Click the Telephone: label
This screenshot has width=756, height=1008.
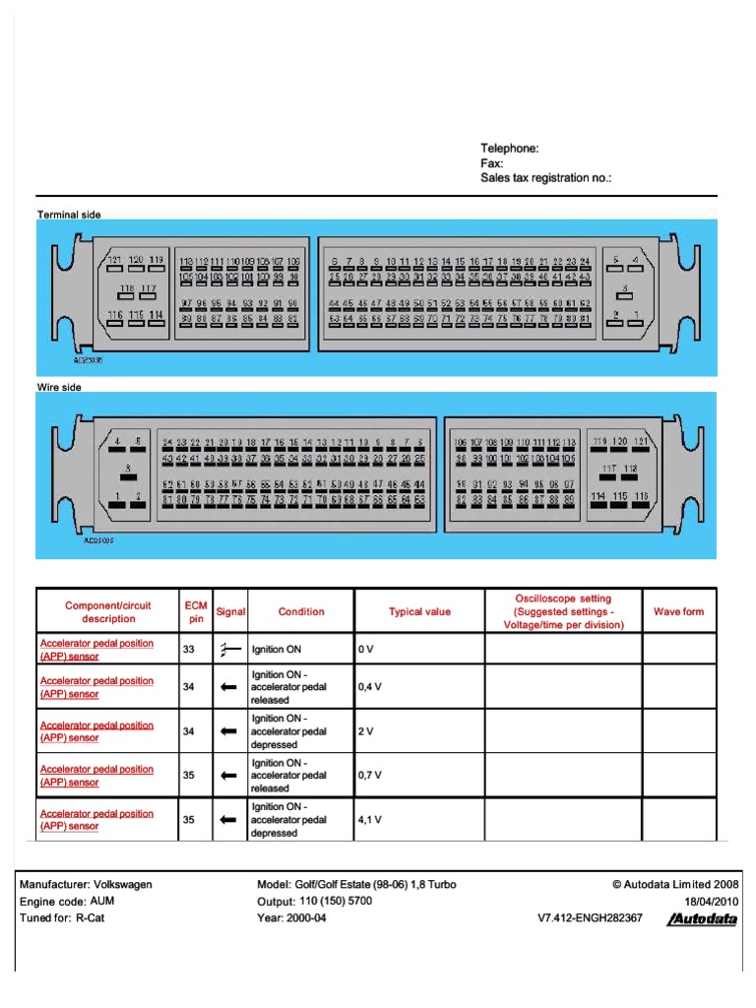pyautogui.click(x=509, y=148)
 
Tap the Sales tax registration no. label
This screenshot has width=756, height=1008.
pyautogui.click(x=545, y=178)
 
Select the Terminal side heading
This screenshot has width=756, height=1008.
pyautogui.click(x=69, y=214)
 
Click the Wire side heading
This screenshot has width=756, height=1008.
pyautogui.click(x=59, y=387)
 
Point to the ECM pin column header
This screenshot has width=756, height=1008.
pyautogui.click(x=194, y=611)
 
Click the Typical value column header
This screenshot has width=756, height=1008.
pyautogui.click(x=419, y=611)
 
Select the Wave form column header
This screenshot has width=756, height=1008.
pyautogui.click(x=679, y=611)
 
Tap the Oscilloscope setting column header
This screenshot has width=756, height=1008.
pyautogui.click(x=563, y=611)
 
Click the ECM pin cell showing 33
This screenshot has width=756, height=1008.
pyautogui.click(x=189, y=650)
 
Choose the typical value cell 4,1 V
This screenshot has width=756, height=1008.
pyautogui.click(x=370, y=819)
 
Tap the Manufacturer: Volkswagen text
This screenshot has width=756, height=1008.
pyautogui.click(x=87, y=884)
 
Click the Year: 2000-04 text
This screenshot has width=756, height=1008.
pyautogui.click(x=291, y=917)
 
